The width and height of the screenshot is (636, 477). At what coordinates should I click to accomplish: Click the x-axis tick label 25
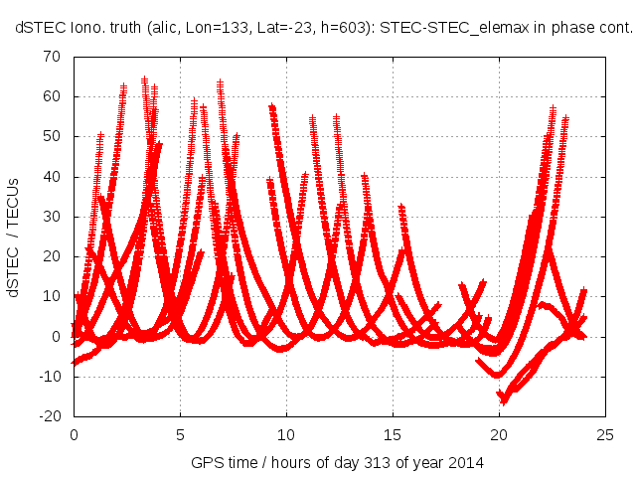[x=605, y=434]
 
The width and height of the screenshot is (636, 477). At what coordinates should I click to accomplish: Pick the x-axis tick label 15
[x=393, y=434]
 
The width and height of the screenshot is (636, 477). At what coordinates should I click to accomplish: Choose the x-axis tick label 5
[x=180, y=434]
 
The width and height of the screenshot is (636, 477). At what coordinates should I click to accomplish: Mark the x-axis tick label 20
[x=499, y=434]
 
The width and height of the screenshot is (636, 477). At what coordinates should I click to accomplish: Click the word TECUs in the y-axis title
[x=14, y=210]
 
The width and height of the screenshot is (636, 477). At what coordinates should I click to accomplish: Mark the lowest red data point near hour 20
[x=504, y=402]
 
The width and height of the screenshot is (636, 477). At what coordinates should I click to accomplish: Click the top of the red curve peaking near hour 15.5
[x=401, y=207]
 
